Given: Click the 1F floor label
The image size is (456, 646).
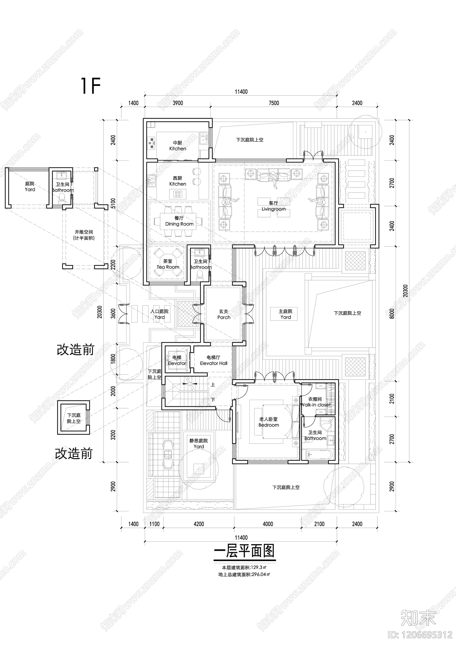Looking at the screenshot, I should point(91,86).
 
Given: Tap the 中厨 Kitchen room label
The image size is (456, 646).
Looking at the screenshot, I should point(178,146).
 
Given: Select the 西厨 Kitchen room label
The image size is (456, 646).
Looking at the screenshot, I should point(178,181).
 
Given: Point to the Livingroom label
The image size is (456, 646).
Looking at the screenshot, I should point(273,206).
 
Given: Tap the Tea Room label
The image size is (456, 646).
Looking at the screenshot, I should point(168,264).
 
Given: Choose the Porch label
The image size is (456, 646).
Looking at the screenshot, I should point(224,314).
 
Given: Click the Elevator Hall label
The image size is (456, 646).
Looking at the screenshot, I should point(213,360).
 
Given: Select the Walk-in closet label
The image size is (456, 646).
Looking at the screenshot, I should point(315,402).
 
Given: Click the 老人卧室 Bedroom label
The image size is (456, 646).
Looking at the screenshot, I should point(268,422).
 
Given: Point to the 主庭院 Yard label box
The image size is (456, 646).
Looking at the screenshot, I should point(285,314).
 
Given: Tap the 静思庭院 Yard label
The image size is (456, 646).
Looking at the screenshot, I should point(199,444).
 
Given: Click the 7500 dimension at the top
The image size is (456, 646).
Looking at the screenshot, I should point(274,103).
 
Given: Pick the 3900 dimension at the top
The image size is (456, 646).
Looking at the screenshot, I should point(178,103).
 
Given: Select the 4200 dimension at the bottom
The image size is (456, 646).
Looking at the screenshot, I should point(199,524).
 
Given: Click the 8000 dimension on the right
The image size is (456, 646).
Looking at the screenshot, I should point(392,314).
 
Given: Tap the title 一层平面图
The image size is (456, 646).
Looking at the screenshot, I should point(245,551).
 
